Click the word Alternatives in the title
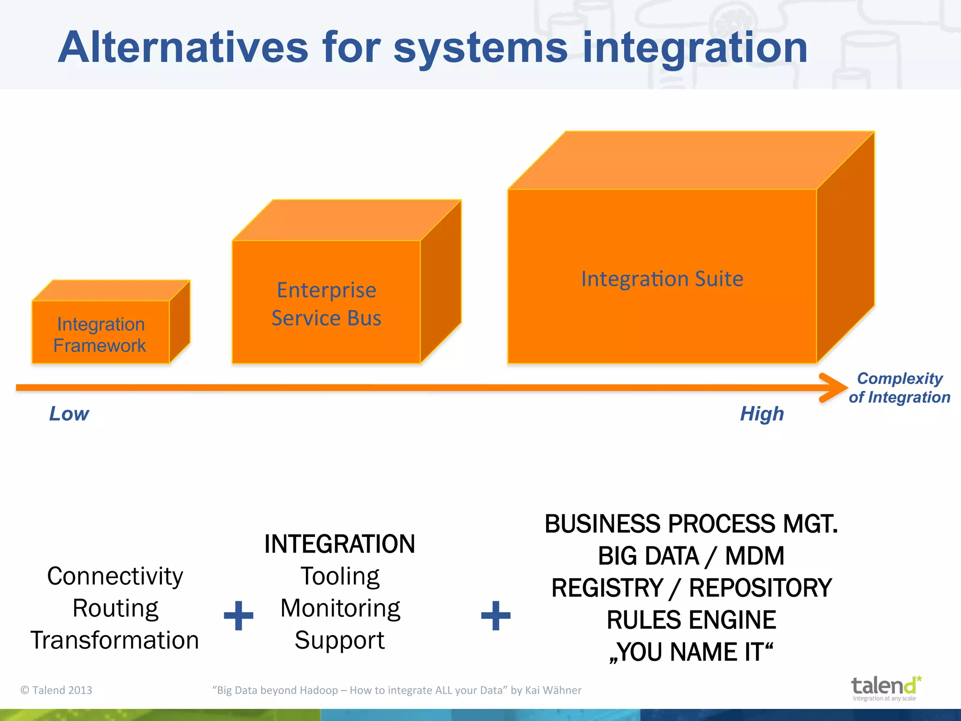pyautogui.click(x=183, y=47)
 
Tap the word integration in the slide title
pyautogui.click(x=694, y=47)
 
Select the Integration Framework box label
pyautogui.click(x=100, y=335)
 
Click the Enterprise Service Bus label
pyautogui.click(x=327, y=304)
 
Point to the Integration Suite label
pyautogui.click(x=662, y=279)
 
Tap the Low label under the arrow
pyautogui.click(x=69, y=414)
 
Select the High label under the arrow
pyautogui.click(x=762, y=414)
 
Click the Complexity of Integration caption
pyautogui.click(x=899, y=388)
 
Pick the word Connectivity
pyautogui.click(x=115, y=576)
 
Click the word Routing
pyautogui.click(x=115, y=608)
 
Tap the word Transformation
pyautogui.click(x=115, y=640)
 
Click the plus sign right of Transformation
pyautogui.click(x=238, y=615)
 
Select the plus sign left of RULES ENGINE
pyautogui.click(x=496, y=615)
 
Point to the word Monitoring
pyautogui.click(x=340, y=608)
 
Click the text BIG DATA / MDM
pyautogui.click(x=691, y=556)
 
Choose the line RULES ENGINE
pyautogui.click(x=691, y=620)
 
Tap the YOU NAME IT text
pyautogui.click(x=691, y=652)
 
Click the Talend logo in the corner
pyautogui.click(x=885, y=688)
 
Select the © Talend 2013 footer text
pyautogui.click(x=56, y=690)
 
